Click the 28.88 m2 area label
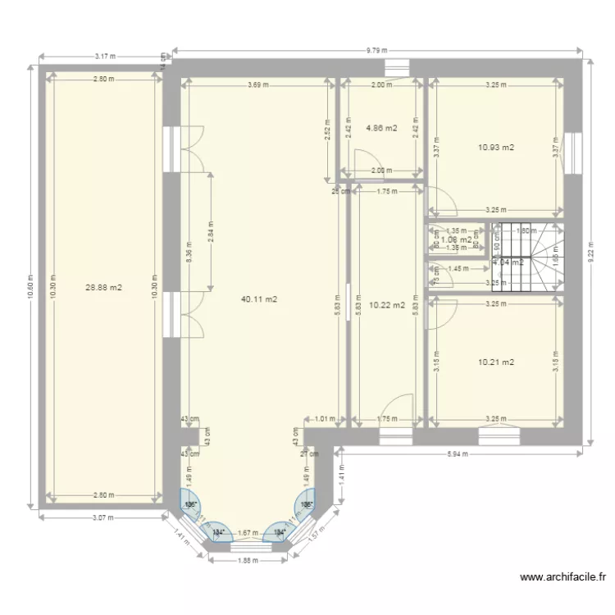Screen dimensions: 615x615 [103, 288]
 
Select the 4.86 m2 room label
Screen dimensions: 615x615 [381, 128]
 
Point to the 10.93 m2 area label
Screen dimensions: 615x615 [496, 148]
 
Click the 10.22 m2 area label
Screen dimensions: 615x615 [387, 305]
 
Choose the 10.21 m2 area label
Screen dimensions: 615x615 [496, 362]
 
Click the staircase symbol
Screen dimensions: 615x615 [533, 256]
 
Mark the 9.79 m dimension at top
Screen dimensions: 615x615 [376, 49]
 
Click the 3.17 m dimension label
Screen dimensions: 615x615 [104, 57]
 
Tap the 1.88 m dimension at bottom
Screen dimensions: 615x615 [248, 561]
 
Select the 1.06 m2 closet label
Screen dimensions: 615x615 [456, 239]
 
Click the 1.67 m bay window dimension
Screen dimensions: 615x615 [248, 533]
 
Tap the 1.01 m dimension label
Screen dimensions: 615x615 [326, 420]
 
